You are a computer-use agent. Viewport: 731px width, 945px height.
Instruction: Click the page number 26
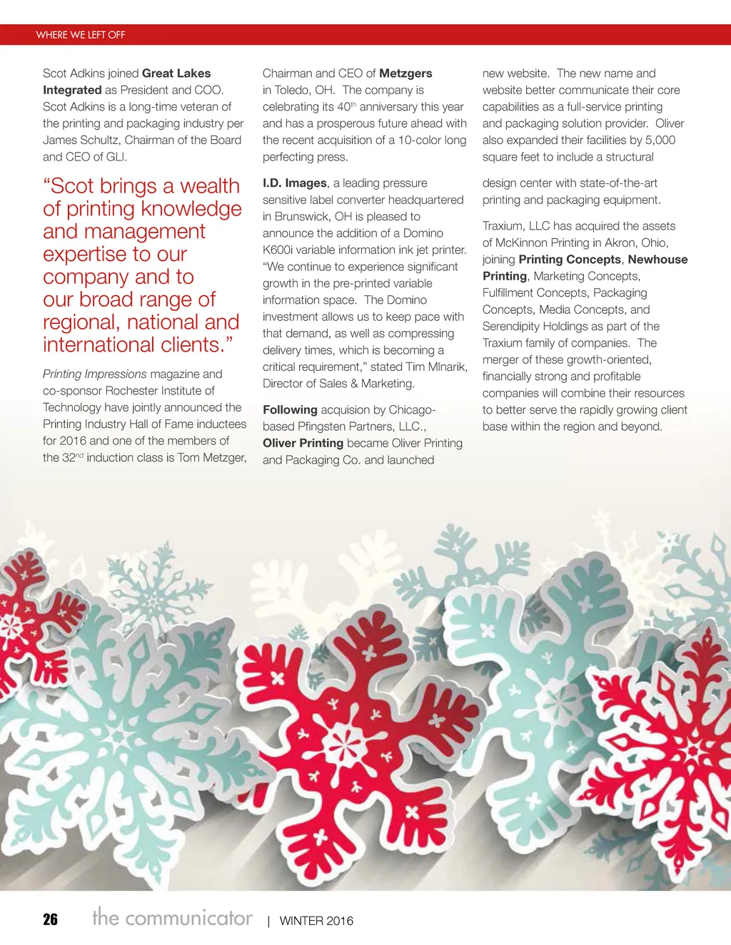point(50,919)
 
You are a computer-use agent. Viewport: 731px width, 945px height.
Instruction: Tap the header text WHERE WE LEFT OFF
point(81,35)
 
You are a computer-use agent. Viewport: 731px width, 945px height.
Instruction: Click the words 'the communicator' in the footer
point(172,917)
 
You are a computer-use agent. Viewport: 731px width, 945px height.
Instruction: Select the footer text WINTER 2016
point(316,921)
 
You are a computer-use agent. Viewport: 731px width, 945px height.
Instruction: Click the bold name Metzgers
point(405,73)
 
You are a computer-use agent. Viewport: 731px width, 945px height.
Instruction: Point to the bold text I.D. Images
point(294,183)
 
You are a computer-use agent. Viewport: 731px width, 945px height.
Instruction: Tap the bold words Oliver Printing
point(303,443)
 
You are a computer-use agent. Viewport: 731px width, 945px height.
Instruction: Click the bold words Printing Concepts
point(570,260)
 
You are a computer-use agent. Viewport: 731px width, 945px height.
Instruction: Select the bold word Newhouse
point(657,260)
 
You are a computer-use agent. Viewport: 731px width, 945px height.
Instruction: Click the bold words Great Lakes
point(176,73)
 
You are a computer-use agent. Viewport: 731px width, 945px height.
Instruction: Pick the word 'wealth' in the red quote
point(210,186)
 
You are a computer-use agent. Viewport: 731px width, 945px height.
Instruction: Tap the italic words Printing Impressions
point(94,374)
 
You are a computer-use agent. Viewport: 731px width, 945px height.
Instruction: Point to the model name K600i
point(281,250)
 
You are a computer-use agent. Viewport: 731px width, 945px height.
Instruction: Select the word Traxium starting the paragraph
point(503,226)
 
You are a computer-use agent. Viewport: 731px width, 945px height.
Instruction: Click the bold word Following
point(290,410)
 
